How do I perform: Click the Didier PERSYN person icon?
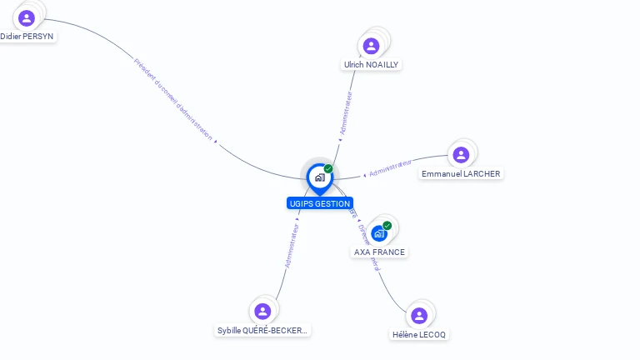pos(27,17)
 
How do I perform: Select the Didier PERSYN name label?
pos(27,37)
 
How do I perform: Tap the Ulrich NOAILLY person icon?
pos(372,45)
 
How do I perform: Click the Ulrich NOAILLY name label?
pos(372,64)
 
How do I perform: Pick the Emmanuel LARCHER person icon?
pos(461,155)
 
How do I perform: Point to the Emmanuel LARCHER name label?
pos(462,174)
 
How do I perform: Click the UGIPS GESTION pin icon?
pos(319,177)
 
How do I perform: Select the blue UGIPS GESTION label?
pos(319,203)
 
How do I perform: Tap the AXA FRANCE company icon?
pos(379,233)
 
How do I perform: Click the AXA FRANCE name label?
pos(380,252)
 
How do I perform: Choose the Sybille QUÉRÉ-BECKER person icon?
pos(263,312)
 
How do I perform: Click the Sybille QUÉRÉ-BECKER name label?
pos(262,330)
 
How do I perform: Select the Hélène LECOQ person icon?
pos(419,315)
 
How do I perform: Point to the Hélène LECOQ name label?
pos(419,334)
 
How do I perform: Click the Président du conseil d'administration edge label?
pos(173,99)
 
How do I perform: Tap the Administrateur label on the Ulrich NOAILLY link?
pos(346,113)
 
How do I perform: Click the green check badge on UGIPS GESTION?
pos(328,169)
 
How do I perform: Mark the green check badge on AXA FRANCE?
pos(387,226)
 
